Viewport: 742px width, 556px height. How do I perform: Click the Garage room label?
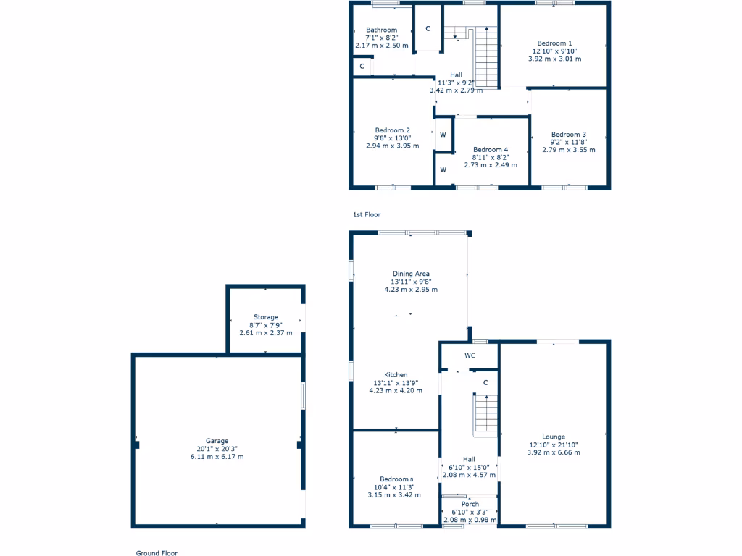tap(217, 441)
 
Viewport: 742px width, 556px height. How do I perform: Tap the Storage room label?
tap(265, 317)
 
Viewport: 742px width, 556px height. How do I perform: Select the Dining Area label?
tap(410, 274)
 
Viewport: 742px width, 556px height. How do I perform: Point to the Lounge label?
tap(554, 437)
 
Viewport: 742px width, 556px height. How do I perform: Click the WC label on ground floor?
tap(469, 355)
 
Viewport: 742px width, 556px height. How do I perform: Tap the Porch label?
tap(470, 504)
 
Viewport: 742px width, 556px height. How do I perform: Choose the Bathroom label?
tap(381, 30)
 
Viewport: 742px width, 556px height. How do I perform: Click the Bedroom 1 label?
tap(554, 43)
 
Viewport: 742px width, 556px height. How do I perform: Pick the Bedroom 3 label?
tap(568, 134)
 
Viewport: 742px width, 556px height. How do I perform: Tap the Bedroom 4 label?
tap(491, 149)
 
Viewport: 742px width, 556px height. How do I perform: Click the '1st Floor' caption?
tap(366, 215)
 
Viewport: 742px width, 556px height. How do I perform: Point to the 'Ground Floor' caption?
tap(157, 552)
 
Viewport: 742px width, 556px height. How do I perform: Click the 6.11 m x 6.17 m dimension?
tap(217, 457)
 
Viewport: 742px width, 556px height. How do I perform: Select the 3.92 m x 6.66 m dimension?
tap(554, 452)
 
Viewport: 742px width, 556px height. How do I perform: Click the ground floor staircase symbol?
tap(485, 416)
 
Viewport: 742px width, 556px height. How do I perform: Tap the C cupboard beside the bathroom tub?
tap(361, 67)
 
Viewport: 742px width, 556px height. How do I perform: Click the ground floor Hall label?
tap(469, 459)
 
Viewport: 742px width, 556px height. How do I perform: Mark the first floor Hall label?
tap(456, 75)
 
